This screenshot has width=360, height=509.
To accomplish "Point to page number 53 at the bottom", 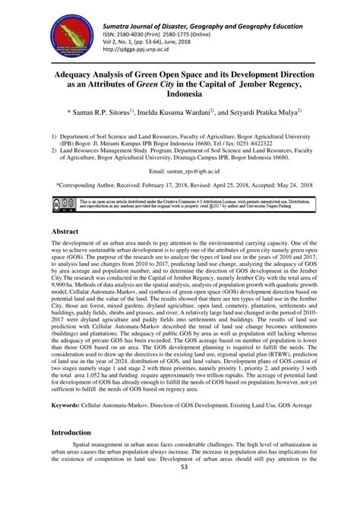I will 180,499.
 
